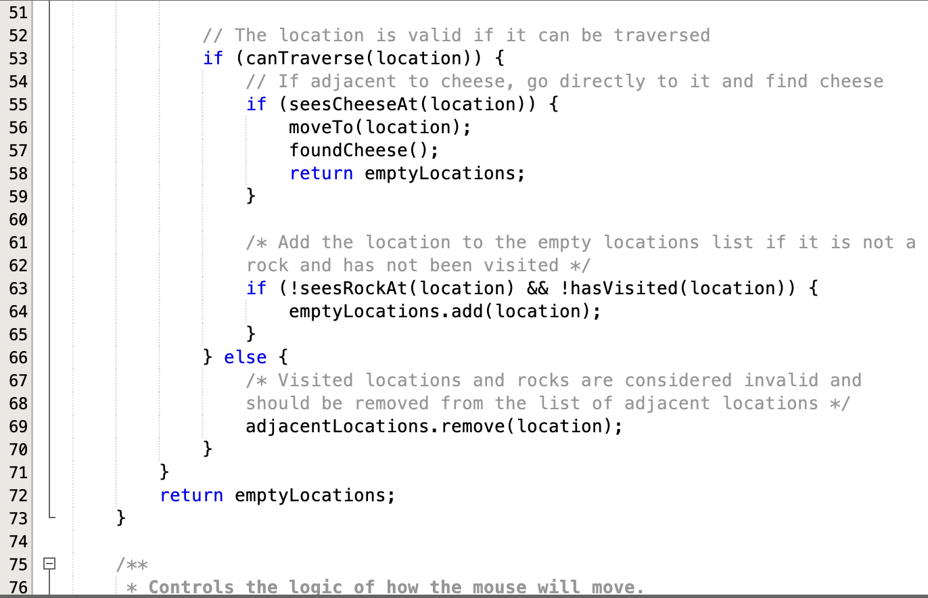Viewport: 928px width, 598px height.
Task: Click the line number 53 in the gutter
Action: pyautogui.click(x=18, y=58)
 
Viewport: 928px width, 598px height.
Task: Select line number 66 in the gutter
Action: pyautogui.click(x=18, y=357)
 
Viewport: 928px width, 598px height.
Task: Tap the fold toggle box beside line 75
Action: pyautogui.click(x=49, y=563)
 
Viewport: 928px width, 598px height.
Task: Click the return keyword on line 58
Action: pyautogui.click(x=321, y=173)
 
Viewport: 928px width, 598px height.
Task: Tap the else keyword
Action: pyautogui.click(x=245, y=357)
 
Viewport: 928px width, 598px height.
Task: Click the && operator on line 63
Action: pyautogui.click(x=538, y=288)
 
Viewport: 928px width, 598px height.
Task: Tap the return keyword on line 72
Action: pyautogui.click(x=191, y=495)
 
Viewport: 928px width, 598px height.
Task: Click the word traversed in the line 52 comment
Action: pyautogui.click(x=662, y=35)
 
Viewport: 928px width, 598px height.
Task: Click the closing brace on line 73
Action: pyautogui.click(x=121, y=518)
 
